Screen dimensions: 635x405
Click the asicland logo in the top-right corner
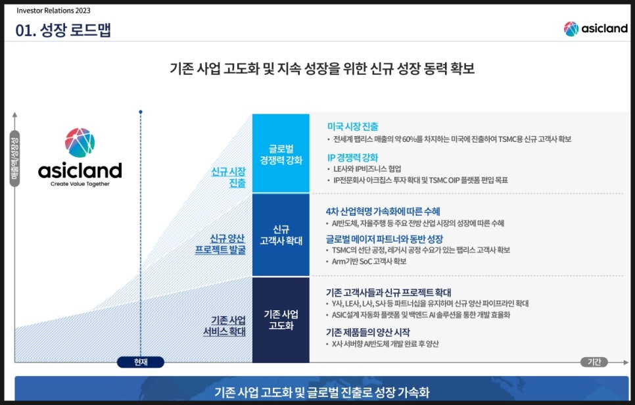click(x=596, y=29)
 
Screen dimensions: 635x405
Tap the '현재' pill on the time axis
click(x=141, y=362)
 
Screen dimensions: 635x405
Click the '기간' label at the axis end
click(x=594, y=362)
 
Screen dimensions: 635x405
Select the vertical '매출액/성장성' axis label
click(x=15, y=158)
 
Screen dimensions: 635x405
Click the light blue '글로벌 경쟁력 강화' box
click(x=281, y=153)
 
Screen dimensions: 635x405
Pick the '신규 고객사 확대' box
click(x=281, y=235)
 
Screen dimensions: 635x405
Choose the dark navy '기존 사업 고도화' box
click(x=281, y=320)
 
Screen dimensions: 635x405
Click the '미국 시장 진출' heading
click(x=352, y=127)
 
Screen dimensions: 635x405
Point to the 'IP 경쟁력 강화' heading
click(x=352, y=158)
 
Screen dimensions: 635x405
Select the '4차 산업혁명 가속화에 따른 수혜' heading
click(x=383, y=212)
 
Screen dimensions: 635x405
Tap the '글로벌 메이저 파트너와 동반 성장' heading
click(x=385, y=239)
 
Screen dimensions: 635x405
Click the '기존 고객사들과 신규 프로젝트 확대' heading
click(x=388, y=293)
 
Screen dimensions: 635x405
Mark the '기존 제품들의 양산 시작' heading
click(x=367, y=333)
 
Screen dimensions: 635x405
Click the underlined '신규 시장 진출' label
click(x=228, y=178)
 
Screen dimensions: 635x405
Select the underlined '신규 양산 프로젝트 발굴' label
click(x=220, y=244)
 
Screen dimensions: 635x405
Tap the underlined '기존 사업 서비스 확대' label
click(x=224, y=325)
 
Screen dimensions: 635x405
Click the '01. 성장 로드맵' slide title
click(x=63, y=30)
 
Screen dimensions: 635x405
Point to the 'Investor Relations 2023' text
click(x=53, y=11)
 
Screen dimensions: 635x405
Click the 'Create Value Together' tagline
click(x=80, y=184)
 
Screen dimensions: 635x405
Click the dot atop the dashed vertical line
click(x=141, y=112)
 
